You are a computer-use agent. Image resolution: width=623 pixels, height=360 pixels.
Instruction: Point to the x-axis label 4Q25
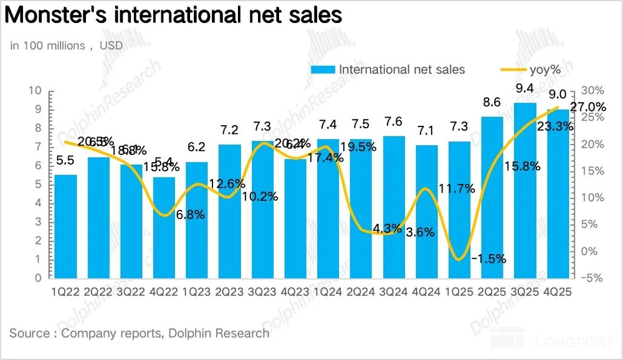558,291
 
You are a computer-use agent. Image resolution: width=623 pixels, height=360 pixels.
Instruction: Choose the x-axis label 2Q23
230,291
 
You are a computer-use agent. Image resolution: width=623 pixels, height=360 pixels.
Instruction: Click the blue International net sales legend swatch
323,69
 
